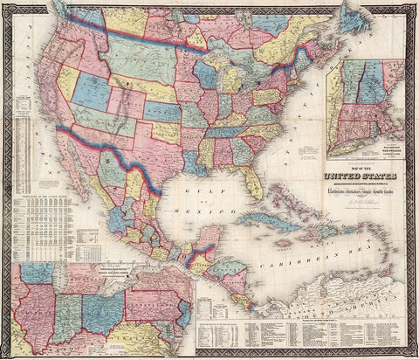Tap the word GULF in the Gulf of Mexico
click(x=203, y=196)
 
